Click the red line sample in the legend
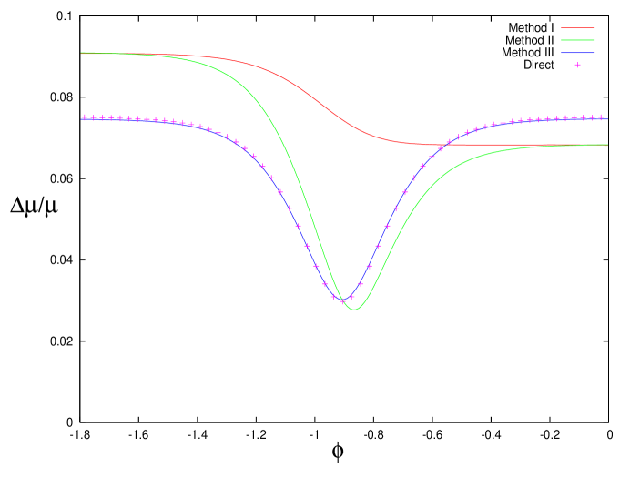[577, 28]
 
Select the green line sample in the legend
[577, 40]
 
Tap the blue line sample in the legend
[577, 53]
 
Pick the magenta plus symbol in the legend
[577, 65]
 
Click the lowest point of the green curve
[354, 310]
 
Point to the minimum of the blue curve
[343, 300]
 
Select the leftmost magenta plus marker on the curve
[85, 117]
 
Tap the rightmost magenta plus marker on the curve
[602, 117]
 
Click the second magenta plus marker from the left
[93, 117]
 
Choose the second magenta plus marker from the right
[593, 117]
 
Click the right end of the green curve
[607, 145]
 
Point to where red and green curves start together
[82, 53]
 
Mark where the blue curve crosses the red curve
[445, 144]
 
